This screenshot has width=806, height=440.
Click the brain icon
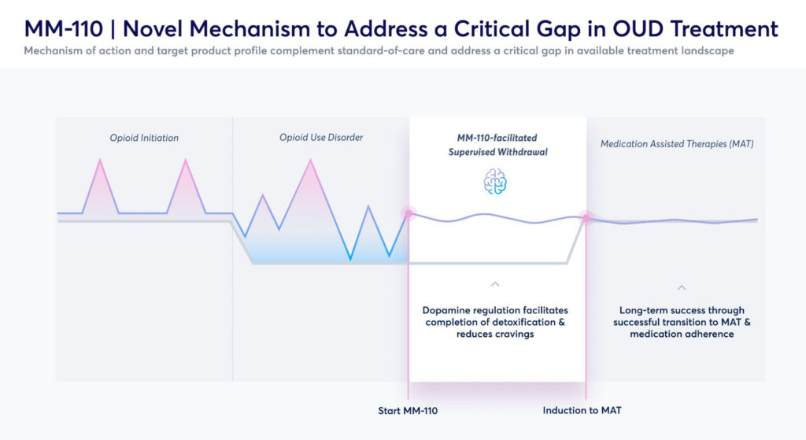(495, 182)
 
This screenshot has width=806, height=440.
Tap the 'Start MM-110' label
(408, 411)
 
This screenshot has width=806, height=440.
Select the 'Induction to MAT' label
(582, 410)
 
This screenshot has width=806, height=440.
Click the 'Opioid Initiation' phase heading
(144, 138)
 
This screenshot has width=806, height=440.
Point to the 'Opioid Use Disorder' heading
(321, 137)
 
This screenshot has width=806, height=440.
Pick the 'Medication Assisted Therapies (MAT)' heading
(677, 144)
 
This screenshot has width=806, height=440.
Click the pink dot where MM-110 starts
(409, 213)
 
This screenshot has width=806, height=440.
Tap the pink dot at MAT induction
(586, 218)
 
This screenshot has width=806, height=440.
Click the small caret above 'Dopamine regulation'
(495, 283)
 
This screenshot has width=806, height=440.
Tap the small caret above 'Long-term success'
(682, 287)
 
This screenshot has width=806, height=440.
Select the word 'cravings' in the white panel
(515, 334)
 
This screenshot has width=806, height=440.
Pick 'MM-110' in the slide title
(64, 29)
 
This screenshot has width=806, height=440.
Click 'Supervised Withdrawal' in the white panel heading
(497, 152)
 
